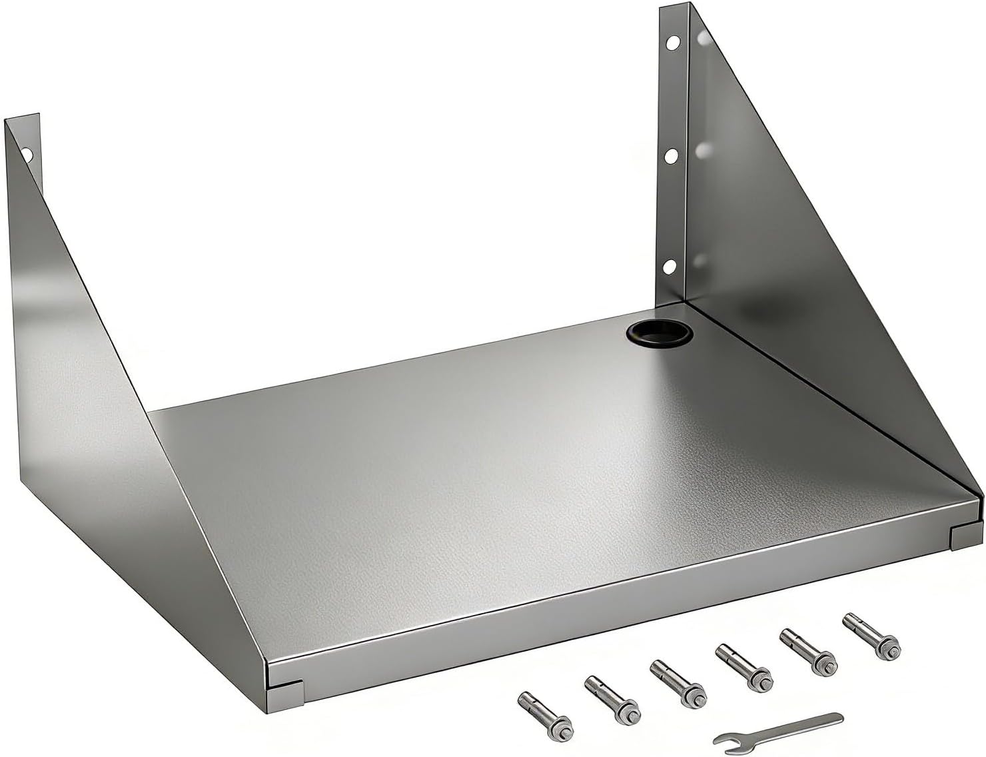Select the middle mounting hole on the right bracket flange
(672, 155)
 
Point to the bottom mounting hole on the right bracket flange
(668, 267)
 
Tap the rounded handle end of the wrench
(833, 718)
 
